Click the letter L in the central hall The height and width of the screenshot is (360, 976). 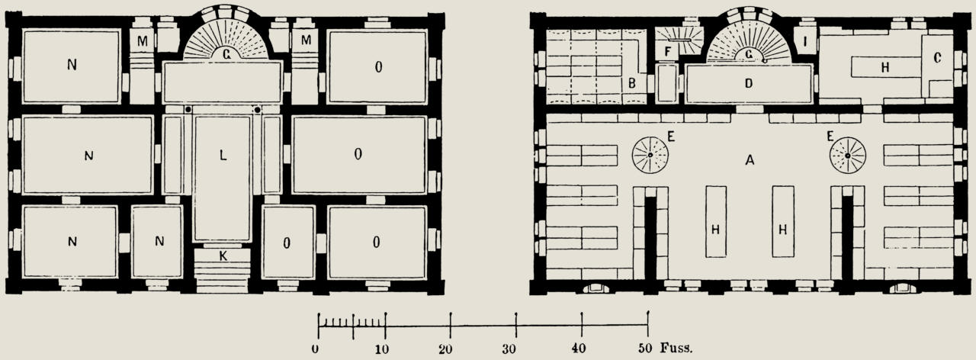click(223, 156)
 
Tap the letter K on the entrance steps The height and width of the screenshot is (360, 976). click(223, 256)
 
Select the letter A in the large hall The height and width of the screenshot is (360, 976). click(749, 161)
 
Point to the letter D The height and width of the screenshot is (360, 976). click(749, 83)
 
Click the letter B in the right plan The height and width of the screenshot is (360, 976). click(632, 83)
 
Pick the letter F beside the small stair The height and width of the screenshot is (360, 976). click(667, 52)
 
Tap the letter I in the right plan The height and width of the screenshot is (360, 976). click(804, 42)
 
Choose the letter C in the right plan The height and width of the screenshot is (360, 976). click(938, 57)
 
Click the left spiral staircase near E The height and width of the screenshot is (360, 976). click(650, 155)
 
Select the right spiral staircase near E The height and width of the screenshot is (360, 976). click(847, 156)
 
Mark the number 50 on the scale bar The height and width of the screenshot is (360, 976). click(645, 349)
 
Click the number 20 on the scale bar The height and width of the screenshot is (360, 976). click(445, 349)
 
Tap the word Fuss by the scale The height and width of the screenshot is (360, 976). click(676, 348)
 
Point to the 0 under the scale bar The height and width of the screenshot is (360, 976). click(315, 349)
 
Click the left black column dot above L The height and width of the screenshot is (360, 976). click(188, 109)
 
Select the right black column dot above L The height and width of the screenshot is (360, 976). click(258, 110)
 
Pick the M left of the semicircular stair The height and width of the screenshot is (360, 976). click(143, 41)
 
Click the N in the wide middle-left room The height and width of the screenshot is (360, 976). click(89, 156)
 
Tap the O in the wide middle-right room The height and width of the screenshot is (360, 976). click(358, 154)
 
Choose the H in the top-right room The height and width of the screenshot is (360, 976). click(885, 68)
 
